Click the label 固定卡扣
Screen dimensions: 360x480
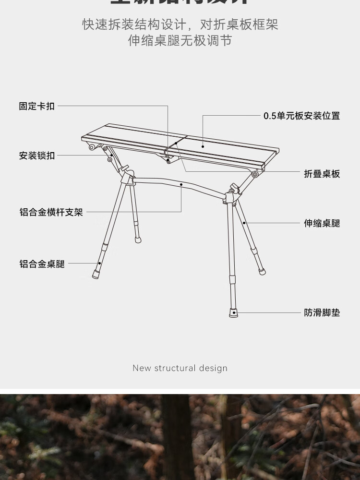(x=37, y=106)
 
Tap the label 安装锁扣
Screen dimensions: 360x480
(x=37, y=156)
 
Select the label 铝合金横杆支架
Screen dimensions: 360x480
(x=51, y=212)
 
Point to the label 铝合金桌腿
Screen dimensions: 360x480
(x=42, y=264)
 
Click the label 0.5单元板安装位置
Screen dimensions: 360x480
(x=301, y=116)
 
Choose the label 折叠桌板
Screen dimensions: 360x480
(x=322, y=174)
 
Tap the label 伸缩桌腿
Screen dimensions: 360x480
(x=322, y=223)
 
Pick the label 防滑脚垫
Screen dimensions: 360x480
(x=322, y=312)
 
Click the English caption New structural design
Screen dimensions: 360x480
(x=180, y=368)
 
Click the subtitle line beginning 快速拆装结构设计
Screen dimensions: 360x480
(x=180, y=24)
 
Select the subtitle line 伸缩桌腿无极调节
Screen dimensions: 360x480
(x=180, y=41)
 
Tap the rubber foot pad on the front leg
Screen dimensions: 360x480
(x=233, y=313)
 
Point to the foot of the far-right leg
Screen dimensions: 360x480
(x=262, y=271)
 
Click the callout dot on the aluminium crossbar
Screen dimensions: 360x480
(x=181, y=184)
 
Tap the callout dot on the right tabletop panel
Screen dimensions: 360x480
(x=203, y=146)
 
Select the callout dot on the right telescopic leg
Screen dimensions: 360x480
(x=244, y=223)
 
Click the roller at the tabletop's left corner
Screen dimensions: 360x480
(x=91, y=147)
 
